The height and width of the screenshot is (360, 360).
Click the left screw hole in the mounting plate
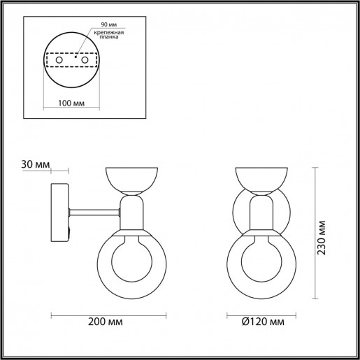tap(60, 62)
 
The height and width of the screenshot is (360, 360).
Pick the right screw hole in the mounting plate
tap(85, 62)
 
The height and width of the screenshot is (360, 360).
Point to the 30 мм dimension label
tap(36, 165)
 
